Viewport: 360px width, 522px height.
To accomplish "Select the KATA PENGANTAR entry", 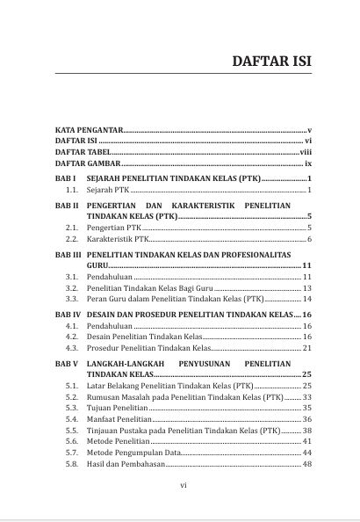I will [x=88, y=130].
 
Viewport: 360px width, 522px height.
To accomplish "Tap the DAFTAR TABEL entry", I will [x=83, y=152].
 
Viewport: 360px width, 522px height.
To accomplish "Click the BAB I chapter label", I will [x=67, y=178].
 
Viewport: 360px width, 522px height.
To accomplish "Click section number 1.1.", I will [x=73, y=190].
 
